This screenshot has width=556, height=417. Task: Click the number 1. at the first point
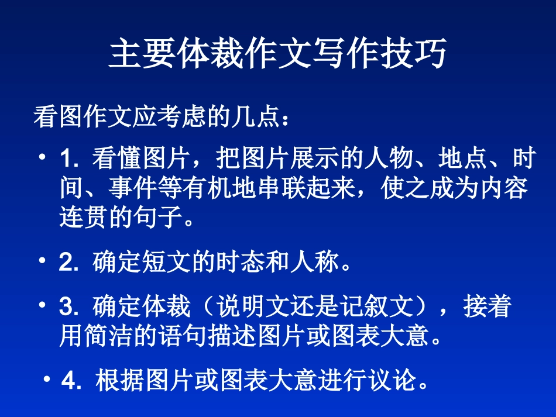69,158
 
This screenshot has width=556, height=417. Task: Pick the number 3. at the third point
69,307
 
